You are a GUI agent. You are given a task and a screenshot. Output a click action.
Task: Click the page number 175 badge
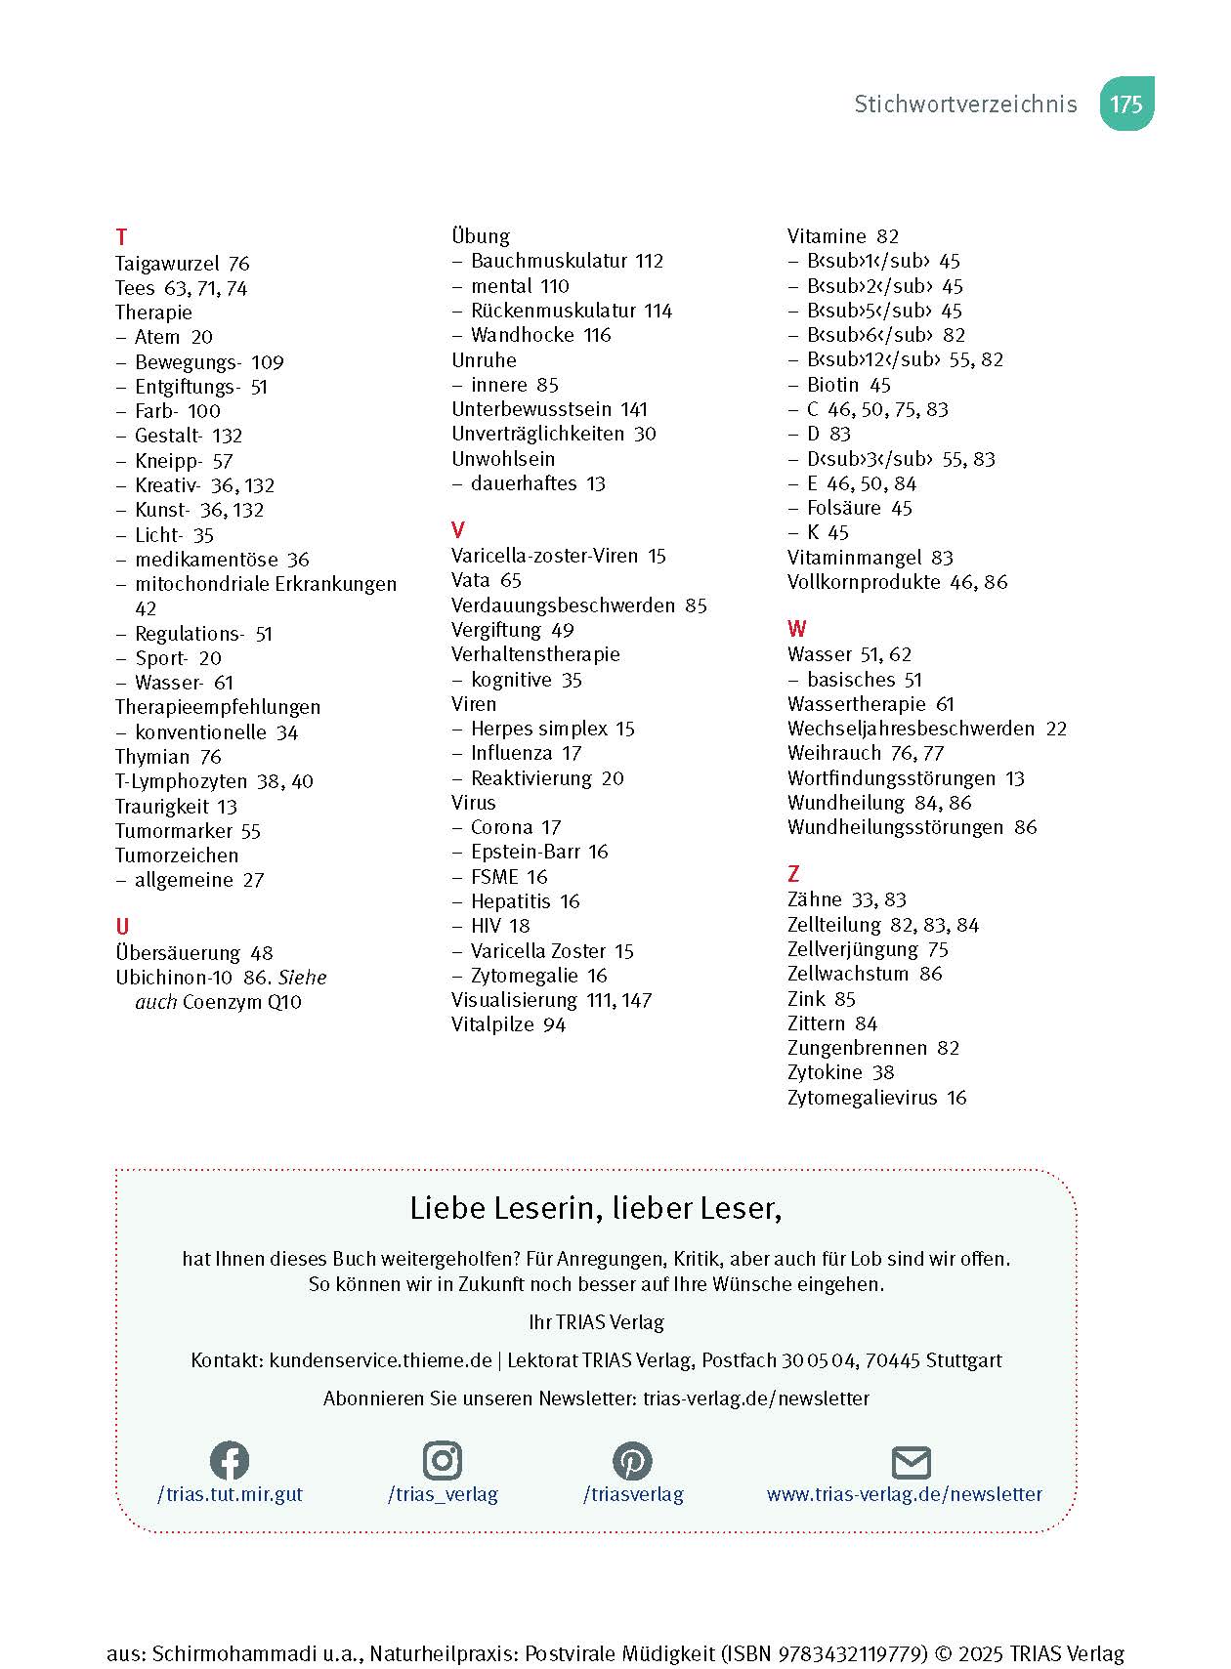pos(1126,104)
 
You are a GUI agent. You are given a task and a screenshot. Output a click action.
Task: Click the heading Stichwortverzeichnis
pos(965,104)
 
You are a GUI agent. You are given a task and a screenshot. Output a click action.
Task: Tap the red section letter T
pos(121,237)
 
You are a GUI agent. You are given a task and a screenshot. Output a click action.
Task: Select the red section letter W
pos(797,629)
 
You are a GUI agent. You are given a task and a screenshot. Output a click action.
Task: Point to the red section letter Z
pos(793,874)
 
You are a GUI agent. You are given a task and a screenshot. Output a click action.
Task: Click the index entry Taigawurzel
pos(167,264)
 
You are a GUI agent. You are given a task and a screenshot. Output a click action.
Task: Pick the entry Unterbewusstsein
pos(531,409)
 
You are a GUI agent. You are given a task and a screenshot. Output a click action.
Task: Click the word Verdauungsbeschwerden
pos(563,605)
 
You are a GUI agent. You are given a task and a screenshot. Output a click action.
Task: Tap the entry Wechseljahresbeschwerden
pos(911,729)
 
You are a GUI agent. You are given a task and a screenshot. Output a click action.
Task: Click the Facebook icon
pos(230,1461)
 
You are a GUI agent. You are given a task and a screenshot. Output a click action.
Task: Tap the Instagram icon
pos(443,1461)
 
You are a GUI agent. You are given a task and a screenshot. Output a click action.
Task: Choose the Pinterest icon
pos(632,1461)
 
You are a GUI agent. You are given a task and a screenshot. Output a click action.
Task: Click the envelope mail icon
pos(912,1463)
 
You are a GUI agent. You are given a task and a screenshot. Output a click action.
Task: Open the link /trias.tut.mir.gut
pos(230,1494)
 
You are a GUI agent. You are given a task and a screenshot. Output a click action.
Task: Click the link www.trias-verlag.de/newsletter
pos(904,1494)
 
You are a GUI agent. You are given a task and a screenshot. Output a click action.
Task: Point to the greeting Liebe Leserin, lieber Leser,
pos(596,1209)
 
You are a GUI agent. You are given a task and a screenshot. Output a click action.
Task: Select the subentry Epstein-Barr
pos(525,852)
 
